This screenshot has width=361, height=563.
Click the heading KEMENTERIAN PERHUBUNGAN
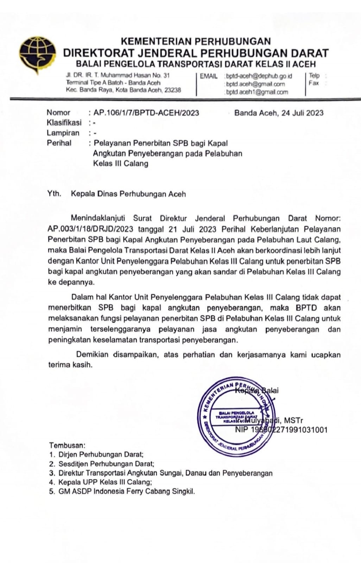(196, 42)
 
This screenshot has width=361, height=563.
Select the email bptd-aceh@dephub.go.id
(259, 76)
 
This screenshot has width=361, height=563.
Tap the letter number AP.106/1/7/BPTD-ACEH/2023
(146, 113)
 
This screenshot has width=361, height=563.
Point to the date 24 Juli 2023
(302, 113)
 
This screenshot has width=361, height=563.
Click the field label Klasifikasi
(64, 123)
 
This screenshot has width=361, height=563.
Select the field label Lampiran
(63, 133)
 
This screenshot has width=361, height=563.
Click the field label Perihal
(59, 143)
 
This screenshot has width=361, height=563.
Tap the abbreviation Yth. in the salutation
(54, 194)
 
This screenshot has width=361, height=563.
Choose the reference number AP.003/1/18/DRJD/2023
(90, 229)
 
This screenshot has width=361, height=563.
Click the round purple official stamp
(236, 417)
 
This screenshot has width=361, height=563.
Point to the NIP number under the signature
(281, 430)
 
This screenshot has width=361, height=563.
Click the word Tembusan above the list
(67, 445)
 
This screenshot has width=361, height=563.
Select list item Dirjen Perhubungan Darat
(101, 455)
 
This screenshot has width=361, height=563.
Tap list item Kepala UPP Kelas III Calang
(105, 482)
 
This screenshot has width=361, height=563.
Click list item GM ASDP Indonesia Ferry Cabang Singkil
(126, 492)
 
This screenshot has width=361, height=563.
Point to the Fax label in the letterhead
(313, 83)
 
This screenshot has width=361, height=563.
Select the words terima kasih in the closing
(70, 365)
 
